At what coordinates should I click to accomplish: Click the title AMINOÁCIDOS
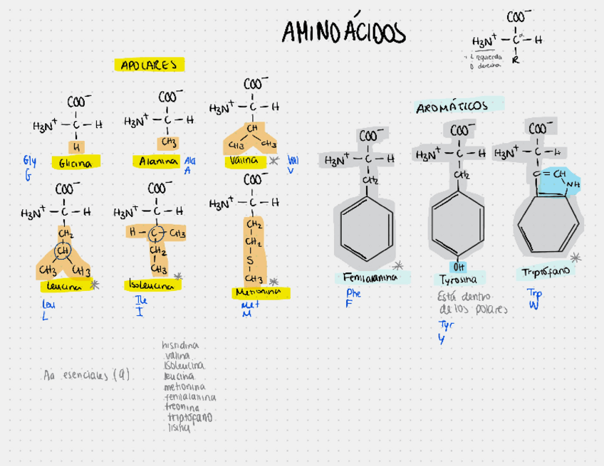(343, 33)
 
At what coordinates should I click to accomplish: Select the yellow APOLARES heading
(149, 65)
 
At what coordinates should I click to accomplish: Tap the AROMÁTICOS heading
(452, 107)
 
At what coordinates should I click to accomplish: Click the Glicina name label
(75, 164)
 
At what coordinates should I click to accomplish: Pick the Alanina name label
(159, 161)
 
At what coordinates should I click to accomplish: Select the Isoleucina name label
(152, 285)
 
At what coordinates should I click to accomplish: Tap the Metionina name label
(257, 292)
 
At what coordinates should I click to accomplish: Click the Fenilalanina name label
(370, 277)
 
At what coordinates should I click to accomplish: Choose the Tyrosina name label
(458, 280)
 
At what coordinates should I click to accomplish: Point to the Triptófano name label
(545, 272)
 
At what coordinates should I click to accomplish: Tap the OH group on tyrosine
(458, 267)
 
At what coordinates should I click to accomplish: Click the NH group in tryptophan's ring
(573, 184)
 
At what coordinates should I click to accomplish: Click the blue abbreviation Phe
(353, 293)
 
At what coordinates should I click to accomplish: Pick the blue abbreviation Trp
(534, 292)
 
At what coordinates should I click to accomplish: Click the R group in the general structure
(516, 60)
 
